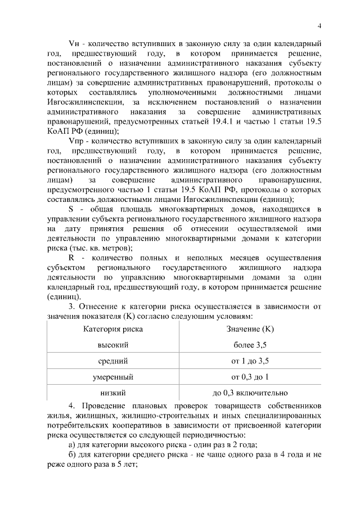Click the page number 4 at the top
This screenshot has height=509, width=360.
click(319, 25)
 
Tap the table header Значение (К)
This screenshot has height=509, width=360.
click(250, 328)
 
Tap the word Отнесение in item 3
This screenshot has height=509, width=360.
click(100, 307)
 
